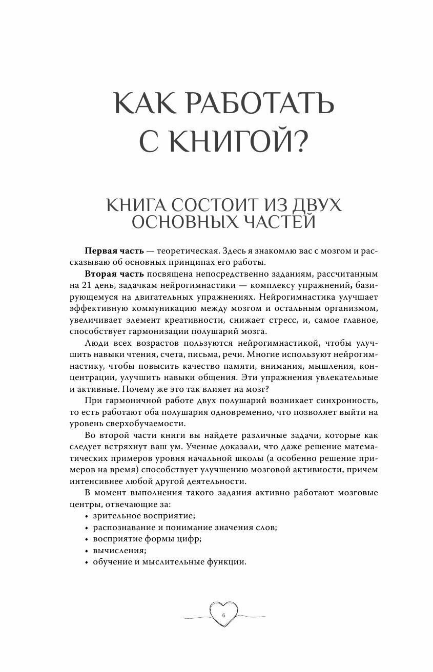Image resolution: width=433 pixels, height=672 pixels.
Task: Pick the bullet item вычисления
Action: click(119, 551)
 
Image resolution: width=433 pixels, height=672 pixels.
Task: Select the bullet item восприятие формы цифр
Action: click(147, 539)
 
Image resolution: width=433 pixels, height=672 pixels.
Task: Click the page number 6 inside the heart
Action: click(224, 615)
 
